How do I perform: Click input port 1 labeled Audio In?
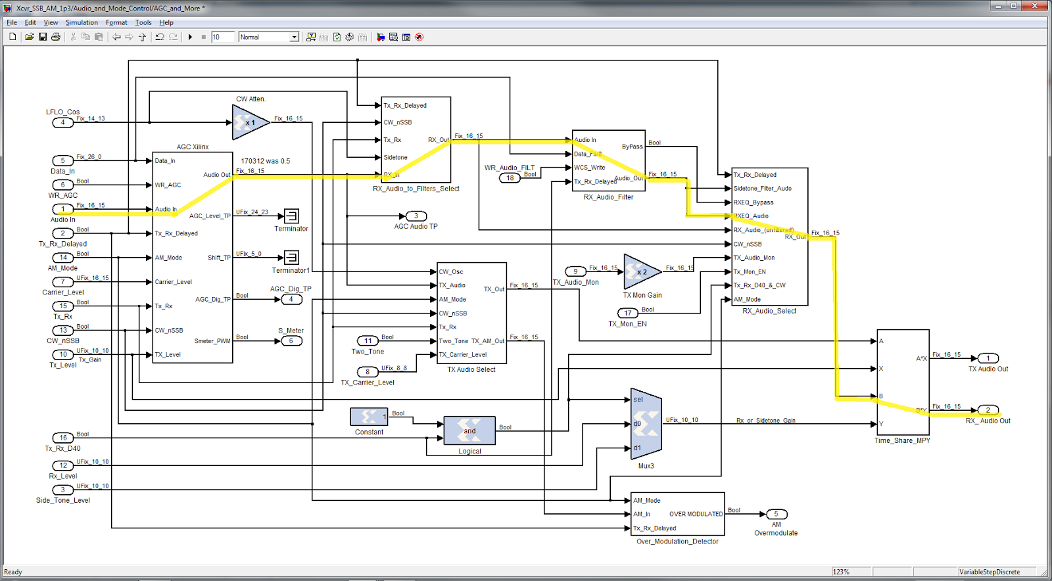[63, 210]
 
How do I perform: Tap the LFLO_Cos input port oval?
[63, 122]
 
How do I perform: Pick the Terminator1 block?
[291, 258]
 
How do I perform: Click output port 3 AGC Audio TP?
[416, 216]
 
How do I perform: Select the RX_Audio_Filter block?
[608, 160]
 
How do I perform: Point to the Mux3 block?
[646, 424]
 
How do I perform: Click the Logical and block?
[469, 431]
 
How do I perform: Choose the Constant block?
[369, 417]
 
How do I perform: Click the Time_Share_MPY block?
[903, 382]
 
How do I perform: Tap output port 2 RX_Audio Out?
[988, 410]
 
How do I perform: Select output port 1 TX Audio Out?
[988, 358]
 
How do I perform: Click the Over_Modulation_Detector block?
[677, 514]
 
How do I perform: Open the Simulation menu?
[82, 22]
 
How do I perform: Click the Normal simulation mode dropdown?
[269, 37]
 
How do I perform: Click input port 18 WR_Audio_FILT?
[510, 178]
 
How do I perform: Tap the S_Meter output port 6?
[291, 341]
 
